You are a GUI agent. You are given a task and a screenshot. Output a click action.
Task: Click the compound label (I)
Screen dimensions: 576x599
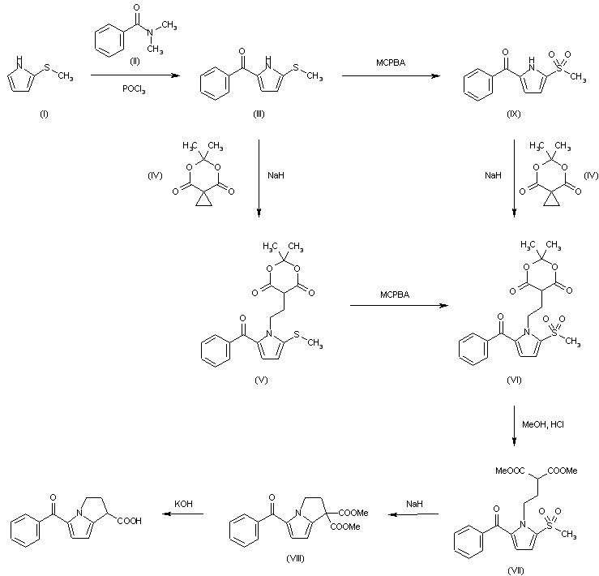click(44, 114)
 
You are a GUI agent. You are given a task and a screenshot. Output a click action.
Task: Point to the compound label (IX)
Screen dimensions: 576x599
click(514, 114)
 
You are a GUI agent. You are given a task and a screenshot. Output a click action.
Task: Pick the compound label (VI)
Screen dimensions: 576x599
click(514, 378)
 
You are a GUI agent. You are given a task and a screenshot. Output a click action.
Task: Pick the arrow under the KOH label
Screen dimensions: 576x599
click(187, 514)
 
